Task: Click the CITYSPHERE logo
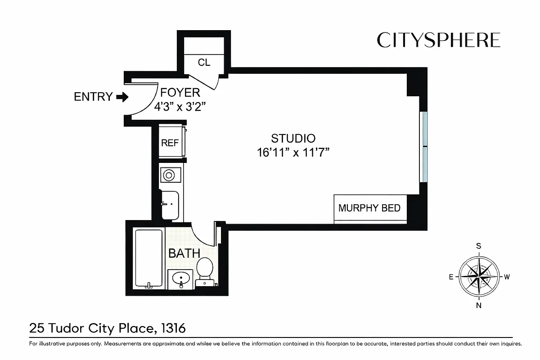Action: (438, 40)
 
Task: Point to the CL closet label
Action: (204, 63)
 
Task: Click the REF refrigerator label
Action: (170, 143)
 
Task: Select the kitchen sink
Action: (170, 204)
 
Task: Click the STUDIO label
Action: (293, 138)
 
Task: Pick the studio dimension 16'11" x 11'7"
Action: (293, 153)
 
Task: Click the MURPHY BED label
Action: (369, 208)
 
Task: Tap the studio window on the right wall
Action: (423, 146)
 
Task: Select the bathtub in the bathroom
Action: (149, 258)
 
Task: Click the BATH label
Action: (184, 253)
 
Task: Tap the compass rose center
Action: (479, 276)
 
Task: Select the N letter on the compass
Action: (479, 306)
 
